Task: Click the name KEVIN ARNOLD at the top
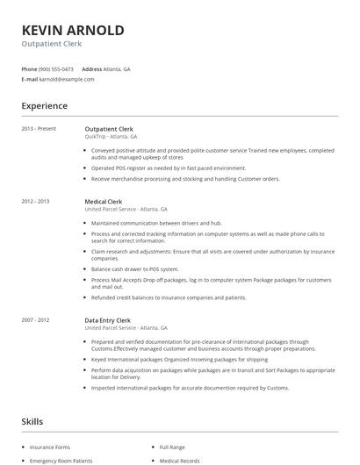73,30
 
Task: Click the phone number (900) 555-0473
56,68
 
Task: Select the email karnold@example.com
67,79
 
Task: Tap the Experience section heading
44,106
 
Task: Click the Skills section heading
32,422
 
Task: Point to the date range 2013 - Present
39,129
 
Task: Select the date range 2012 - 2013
36,202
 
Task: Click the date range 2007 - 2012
36,320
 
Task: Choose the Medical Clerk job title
104,202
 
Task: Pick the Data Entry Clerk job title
107,320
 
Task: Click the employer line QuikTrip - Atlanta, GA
111,136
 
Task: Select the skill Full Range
172,447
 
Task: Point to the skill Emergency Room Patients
61,460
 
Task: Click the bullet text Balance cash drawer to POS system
135,268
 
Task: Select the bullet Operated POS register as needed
169,168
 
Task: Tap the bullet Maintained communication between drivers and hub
156,223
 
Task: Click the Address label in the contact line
91,68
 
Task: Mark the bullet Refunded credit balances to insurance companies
169,297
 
